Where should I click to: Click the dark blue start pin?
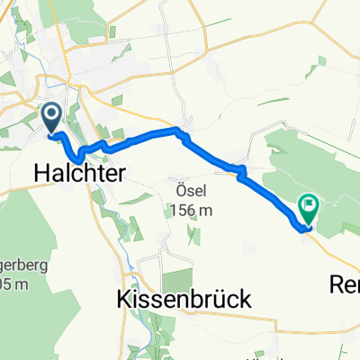50,118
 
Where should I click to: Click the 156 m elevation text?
190,210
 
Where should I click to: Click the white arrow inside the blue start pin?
50,114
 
